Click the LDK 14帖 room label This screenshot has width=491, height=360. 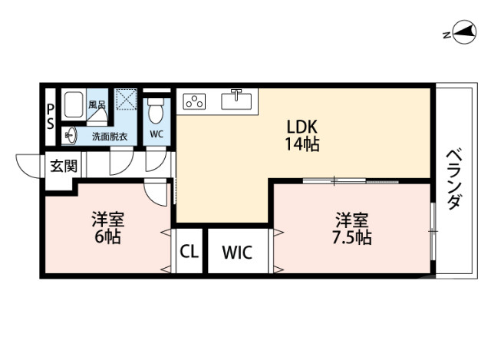click(x=302, y=134)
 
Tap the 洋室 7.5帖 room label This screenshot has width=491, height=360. click(x=351, y=227)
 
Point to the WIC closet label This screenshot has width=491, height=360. click(x=236, y=252)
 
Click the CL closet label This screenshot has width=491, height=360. click(x=188, y=252)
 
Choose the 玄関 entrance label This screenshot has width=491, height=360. click(x=63, y=164)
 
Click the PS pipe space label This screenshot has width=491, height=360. click(x=51, y=116)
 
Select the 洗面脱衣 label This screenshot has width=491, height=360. click(x=110, y=137)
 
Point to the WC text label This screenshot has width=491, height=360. click(x=157, y=134)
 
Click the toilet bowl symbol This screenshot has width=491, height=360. click(x=157, y=112)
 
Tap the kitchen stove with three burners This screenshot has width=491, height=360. click(x=195, y=101)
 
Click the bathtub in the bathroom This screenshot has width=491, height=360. click(x=74, y=105)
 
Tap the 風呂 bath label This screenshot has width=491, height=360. click(x=97, y=104)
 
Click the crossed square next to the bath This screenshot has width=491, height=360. click(x=126, y=101)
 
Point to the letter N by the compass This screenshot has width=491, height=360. click(x=445, y=35)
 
